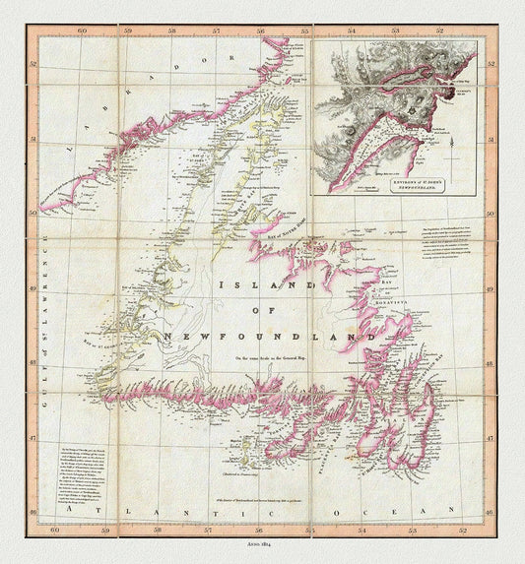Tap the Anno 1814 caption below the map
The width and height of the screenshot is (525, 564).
(261, 544)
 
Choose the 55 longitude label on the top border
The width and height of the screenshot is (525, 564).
(304, 31)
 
